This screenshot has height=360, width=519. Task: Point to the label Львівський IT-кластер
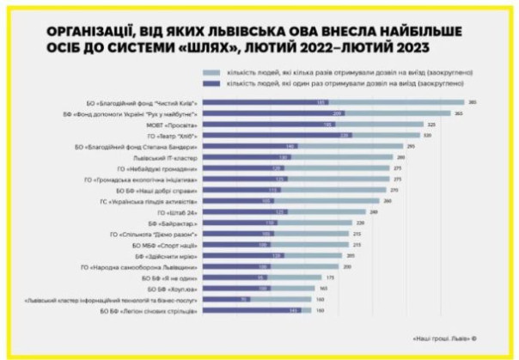click(171, 158)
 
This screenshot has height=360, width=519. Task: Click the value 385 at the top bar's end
click(472, 102)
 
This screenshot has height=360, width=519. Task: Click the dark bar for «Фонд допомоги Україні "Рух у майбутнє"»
click(275, 113)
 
